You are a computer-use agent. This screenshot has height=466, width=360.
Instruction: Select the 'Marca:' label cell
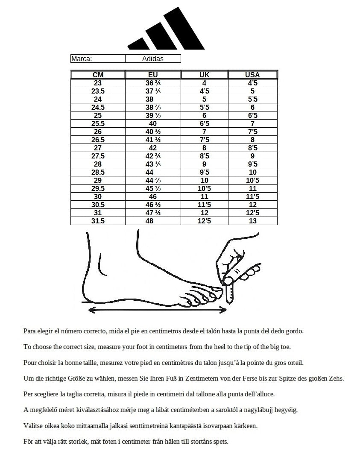(x=97, y=59)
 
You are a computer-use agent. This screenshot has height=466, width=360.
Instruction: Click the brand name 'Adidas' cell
(x=153, y=59)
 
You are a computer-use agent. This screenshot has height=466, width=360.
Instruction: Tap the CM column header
(x=98, y=75)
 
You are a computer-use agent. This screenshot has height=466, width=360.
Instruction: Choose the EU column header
(x=153, y=75)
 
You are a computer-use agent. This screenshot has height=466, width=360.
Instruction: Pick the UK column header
(x=205, y=75)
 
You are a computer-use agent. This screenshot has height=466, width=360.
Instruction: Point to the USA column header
(x=252, y=75)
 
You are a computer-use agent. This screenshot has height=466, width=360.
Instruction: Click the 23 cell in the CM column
(x=98, y=83)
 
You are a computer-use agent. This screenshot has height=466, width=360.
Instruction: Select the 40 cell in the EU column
(x=153, y=124)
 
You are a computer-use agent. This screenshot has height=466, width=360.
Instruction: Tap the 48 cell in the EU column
(x=153, y=221)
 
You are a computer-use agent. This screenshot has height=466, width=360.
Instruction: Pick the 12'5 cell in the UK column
(x=205, y=221)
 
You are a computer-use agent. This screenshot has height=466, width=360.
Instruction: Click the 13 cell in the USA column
(x=252, y=221)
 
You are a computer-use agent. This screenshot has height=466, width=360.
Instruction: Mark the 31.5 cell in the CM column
(x=98, y=221)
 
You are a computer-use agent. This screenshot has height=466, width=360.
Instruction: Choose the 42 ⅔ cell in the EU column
(x=153, y=156)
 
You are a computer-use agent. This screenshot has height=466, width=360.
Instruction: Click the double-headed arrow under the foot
(x=157, y=310)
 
